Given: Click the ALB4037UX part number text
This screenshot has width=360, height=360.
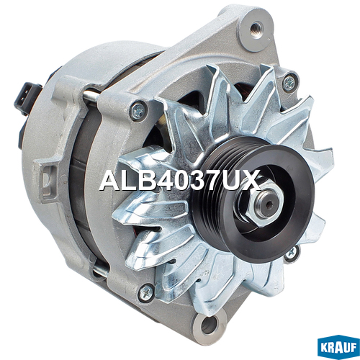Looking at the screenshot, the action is tap(180, 180).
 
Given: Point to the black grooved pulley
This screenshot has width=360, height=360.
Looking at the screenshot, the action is tap(253, 196).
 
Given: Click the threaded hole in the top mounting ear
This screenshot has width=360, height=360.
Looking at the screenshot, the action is tap(256, 30).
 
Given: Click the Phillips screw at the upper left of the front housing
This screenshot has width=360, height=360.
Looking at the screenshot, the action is tap(138, 110).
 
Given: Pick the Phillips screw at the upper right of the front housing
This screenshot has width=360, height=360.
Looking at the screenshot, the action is tap(289, 83).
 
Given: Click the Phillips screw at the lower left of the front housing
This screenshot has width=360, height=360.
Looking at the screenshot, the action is tap(147, 292).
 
